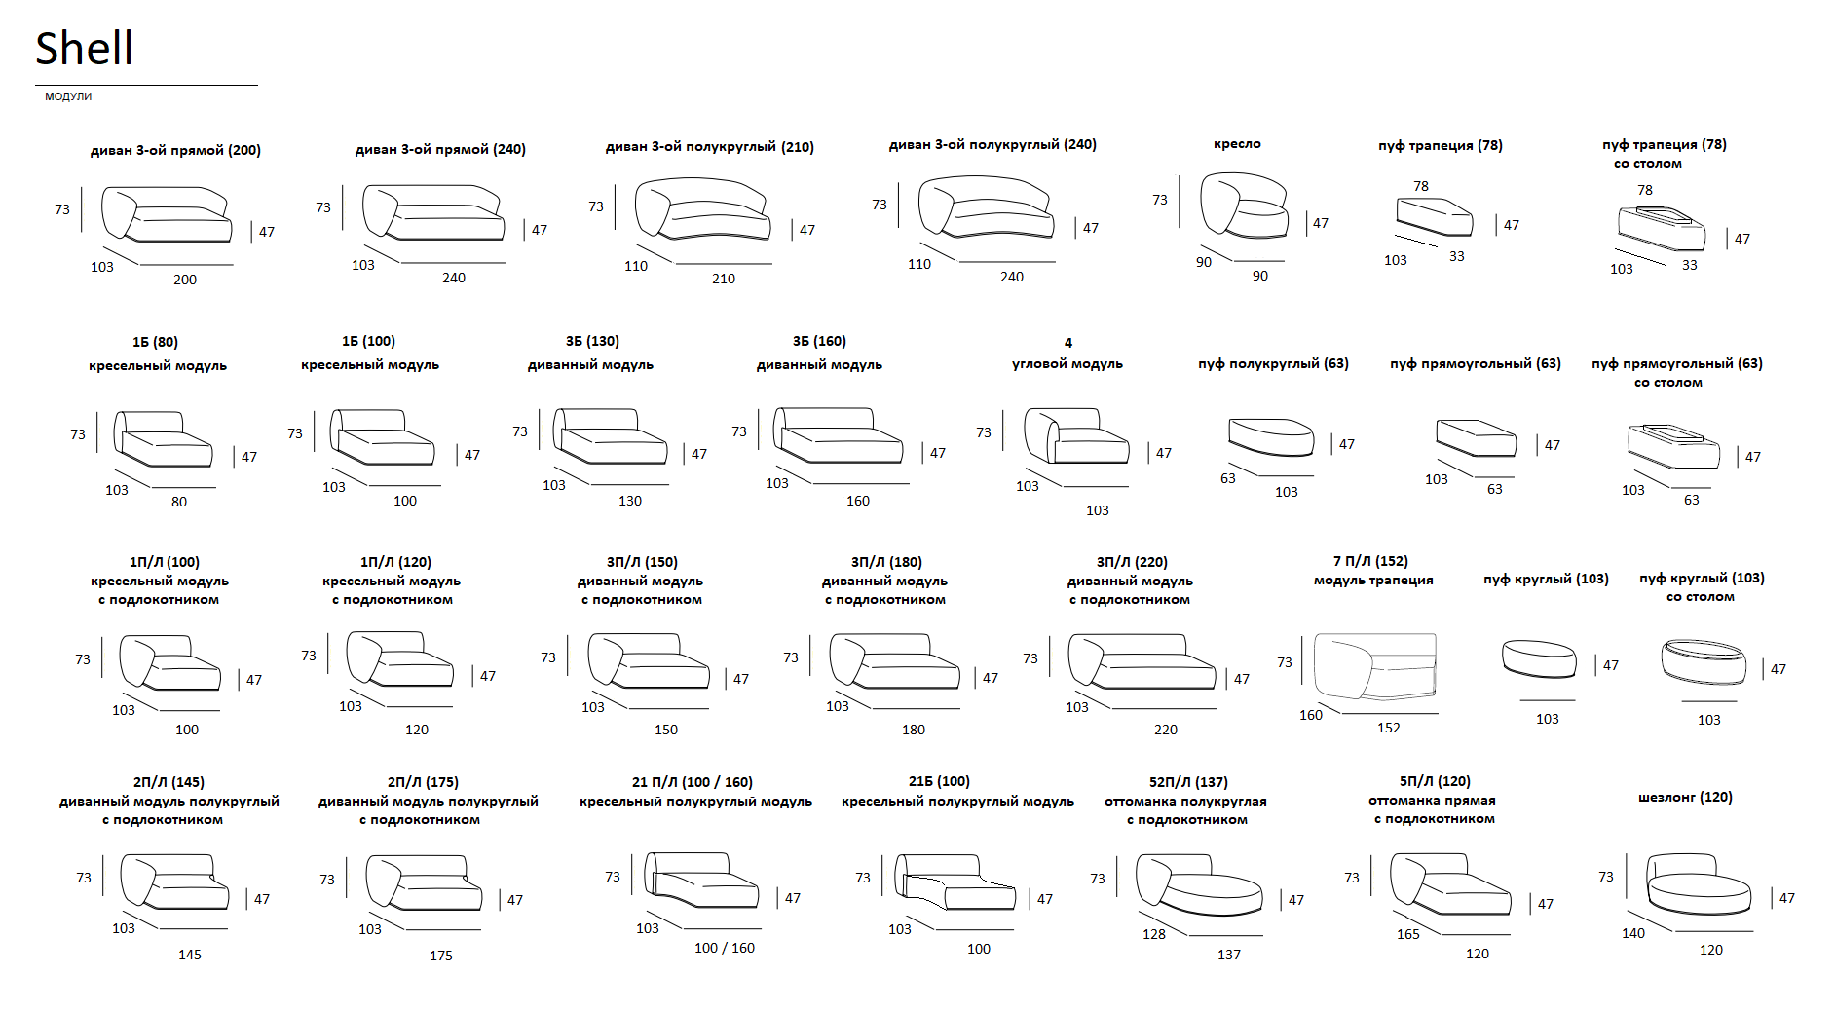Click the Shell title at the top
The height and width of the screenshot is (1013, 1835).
84,48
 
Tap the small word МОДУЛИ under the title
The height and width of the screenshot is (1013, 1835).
68,96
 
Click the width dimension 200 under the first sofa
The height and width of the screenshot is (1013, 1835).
185,280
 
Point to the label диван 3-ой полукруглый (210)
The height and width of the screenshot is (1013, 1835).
710,147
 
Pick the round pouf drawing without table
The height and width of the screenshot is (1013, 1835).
1539,658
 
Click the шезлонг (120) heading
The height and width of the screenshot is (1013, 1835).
1685,797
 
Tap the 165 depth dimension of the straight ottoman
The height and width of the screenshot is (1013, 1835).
1408,934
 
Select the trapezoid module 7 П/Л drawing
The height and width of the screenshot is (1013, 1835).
1375,666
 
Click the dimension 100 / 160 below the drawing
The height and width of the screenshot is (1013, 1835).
725,948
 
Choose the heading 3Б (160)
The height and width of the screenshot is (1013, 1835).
819,341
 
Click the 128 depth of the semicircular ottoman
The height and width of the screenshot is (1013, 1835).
1154,934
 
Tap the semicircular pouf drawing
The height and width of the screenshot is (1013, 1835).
1271,437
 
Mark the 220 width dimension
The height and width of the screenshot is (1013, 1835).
1166,730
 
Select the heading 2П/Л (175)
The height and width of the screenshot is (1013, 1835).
423,782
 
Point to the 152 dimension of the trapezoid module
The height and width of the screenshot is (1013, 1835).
1389,728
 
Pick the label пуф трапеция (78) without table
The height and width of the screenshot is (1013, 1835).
1441,146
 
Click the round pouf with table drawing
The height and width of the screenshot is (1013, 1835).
1704,661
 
